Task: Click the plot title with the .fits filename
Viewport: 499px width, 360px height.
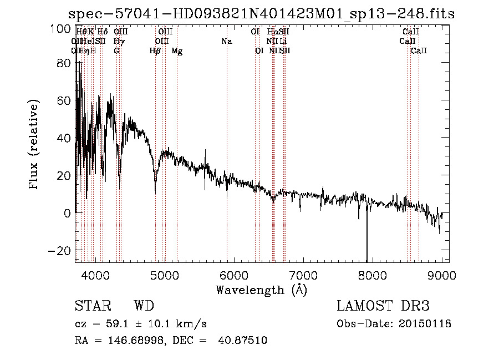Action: tap(261, 14)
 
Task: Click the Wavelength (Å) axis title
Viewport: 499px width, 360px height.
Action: tap(261, 290)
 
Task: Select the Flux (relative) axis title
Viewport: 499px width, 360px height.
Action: tap(35, 145)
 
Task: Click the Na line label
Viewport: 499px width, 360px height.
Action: tap(226, 41)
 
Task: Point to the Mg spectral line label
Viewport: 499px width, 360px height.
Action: tap(177, 51)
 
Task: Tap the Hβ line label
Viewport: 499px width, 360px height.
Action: tap(155, 51)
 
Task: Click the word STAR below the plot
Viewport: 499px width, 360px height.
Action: tap(93, 307)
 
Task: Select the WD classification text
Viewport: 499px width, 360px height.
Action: tap(144, 307)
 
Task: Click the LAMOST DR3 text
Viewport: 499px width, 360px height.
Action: tap(383, 307)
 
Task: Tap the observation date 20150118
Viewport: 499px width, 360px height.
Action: tap(426, 324)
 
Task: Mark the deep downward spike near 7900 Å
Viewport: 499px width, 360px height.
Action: tap(366, 244)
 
